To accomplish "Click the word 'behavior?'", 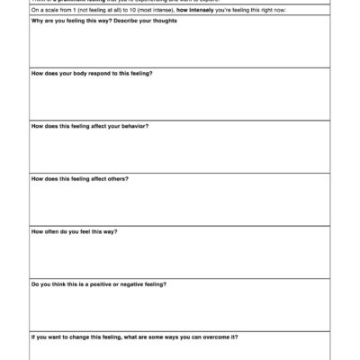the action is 134,126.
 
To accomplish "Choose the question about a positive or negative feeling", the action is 98,284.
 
